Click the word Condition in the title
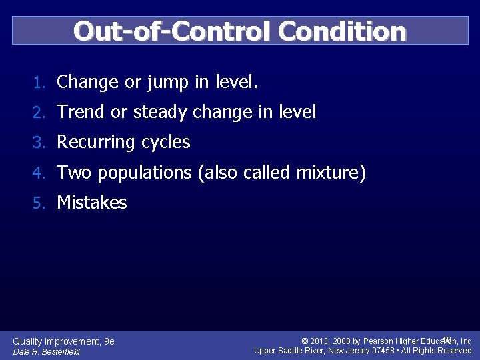tap(342, 31)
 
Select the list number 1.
tap(39, 83)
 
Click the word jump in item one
tap(167, 83)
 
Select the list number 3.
tap(39, 143)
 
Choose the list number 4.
tap(39, 173)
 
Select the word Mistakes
tap(92, 203)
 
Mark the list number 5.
tap(39, 203)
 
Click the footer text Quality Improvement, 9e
tap(64, 341)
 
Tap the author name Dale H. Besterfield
tap(46, 352)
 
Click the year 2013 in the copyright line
tap(321, 341)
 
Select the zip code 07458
tap(384, 351)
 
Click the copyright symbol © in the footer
tap(305, 341)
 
